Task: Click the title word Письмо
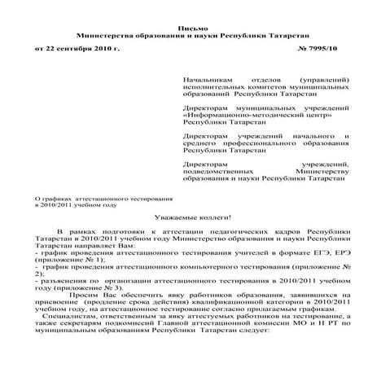tap(184, 27)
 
